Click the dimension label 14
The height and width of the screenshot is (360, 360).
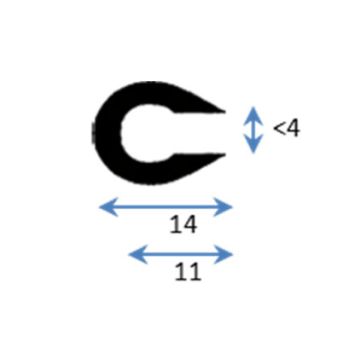click(x=184, y=224)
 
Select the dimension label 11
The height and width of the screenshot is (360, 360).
click(x=188, y=272)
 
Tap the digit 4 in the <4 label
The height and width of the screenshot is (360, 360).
click(x=293, y=128)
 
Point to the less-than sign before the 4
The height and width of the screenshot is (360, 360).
click(x=279, y=128)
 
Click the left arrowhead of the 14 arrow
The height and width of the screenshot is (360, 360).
click(x=108, y=207)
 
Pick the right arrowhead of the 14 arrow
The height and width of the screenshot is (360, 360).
click(x=223, y=207)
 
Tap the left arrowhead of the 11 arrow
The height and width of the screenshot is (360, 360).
click(x=138, y=254)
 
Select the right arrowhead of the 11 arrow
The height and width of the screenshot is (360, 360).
click(x=223, y=254)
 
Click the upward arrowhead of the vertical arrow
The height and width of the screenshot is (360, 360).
click(x=253, y=116)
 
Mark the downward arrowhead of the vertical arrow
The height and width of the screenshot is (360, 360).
click(x=253, y=144)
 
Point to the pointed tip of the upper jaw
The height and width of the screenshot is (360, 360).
click(x=225, y=112)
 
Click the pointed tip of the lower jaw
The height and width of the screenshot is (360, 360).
click(x=225, y=155)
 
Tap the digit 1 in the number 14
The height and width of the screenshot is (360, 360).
click(x=175, y=224)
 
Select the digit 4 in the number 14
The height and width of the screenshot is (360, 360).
click(x=190, y=224)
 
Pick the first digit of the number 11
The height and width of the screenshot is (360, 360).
click(x=181, y=272)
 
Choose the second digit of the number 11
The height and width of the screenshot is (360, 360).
click(x=195, y=272)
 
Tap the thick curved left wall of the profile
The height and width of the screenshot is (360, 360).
click(x=107, y=133)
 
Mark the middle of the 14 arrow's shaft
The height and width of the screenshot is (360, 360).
click(x=166, y=207)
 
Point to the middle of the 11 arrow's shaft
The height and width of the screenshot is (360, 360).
click(x=181, y=254)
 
